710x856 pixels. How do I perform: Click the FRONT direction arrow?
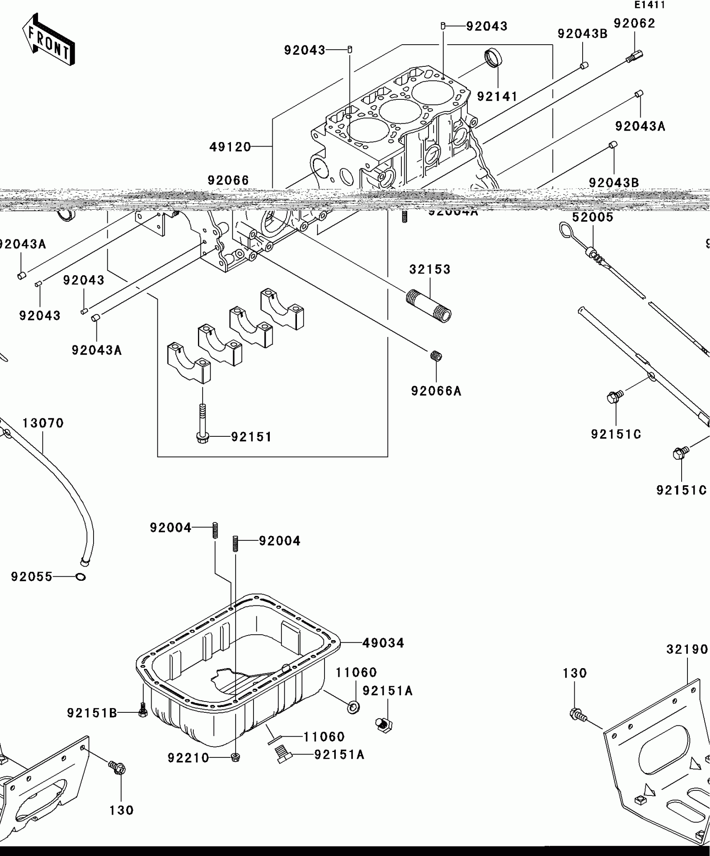(x=48, y=40)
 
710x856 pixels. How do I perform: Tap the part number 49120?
(x=230, y=147)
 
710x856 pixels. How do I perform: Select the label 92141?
(x=497, y=97)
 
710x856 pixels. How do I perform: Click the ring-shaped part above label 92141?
(x=493, y=58)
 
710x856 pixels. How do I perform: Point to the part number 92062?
(x=634, y=24)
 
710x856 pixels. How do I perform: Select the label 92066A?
(x=436, y=391)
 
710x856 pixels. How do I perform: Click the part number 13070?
(x=43, y=423)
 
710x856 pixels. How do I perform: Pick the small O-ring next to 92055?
(x=81, y=577)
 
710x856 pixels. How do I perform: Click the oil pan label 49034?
(x=383, y=643)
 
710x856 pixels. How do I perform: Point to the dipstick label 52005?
(x=592, y=218)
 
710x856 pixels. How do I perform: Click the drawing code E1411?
(x=649, y=5)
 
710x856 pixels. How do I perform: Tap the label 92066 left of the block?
(x=228, y=180)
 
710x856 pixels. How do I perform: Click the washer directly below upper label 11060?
(x=353, y=707)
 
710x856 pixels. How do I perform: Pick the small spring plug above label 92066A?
(x=436, y=356)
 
